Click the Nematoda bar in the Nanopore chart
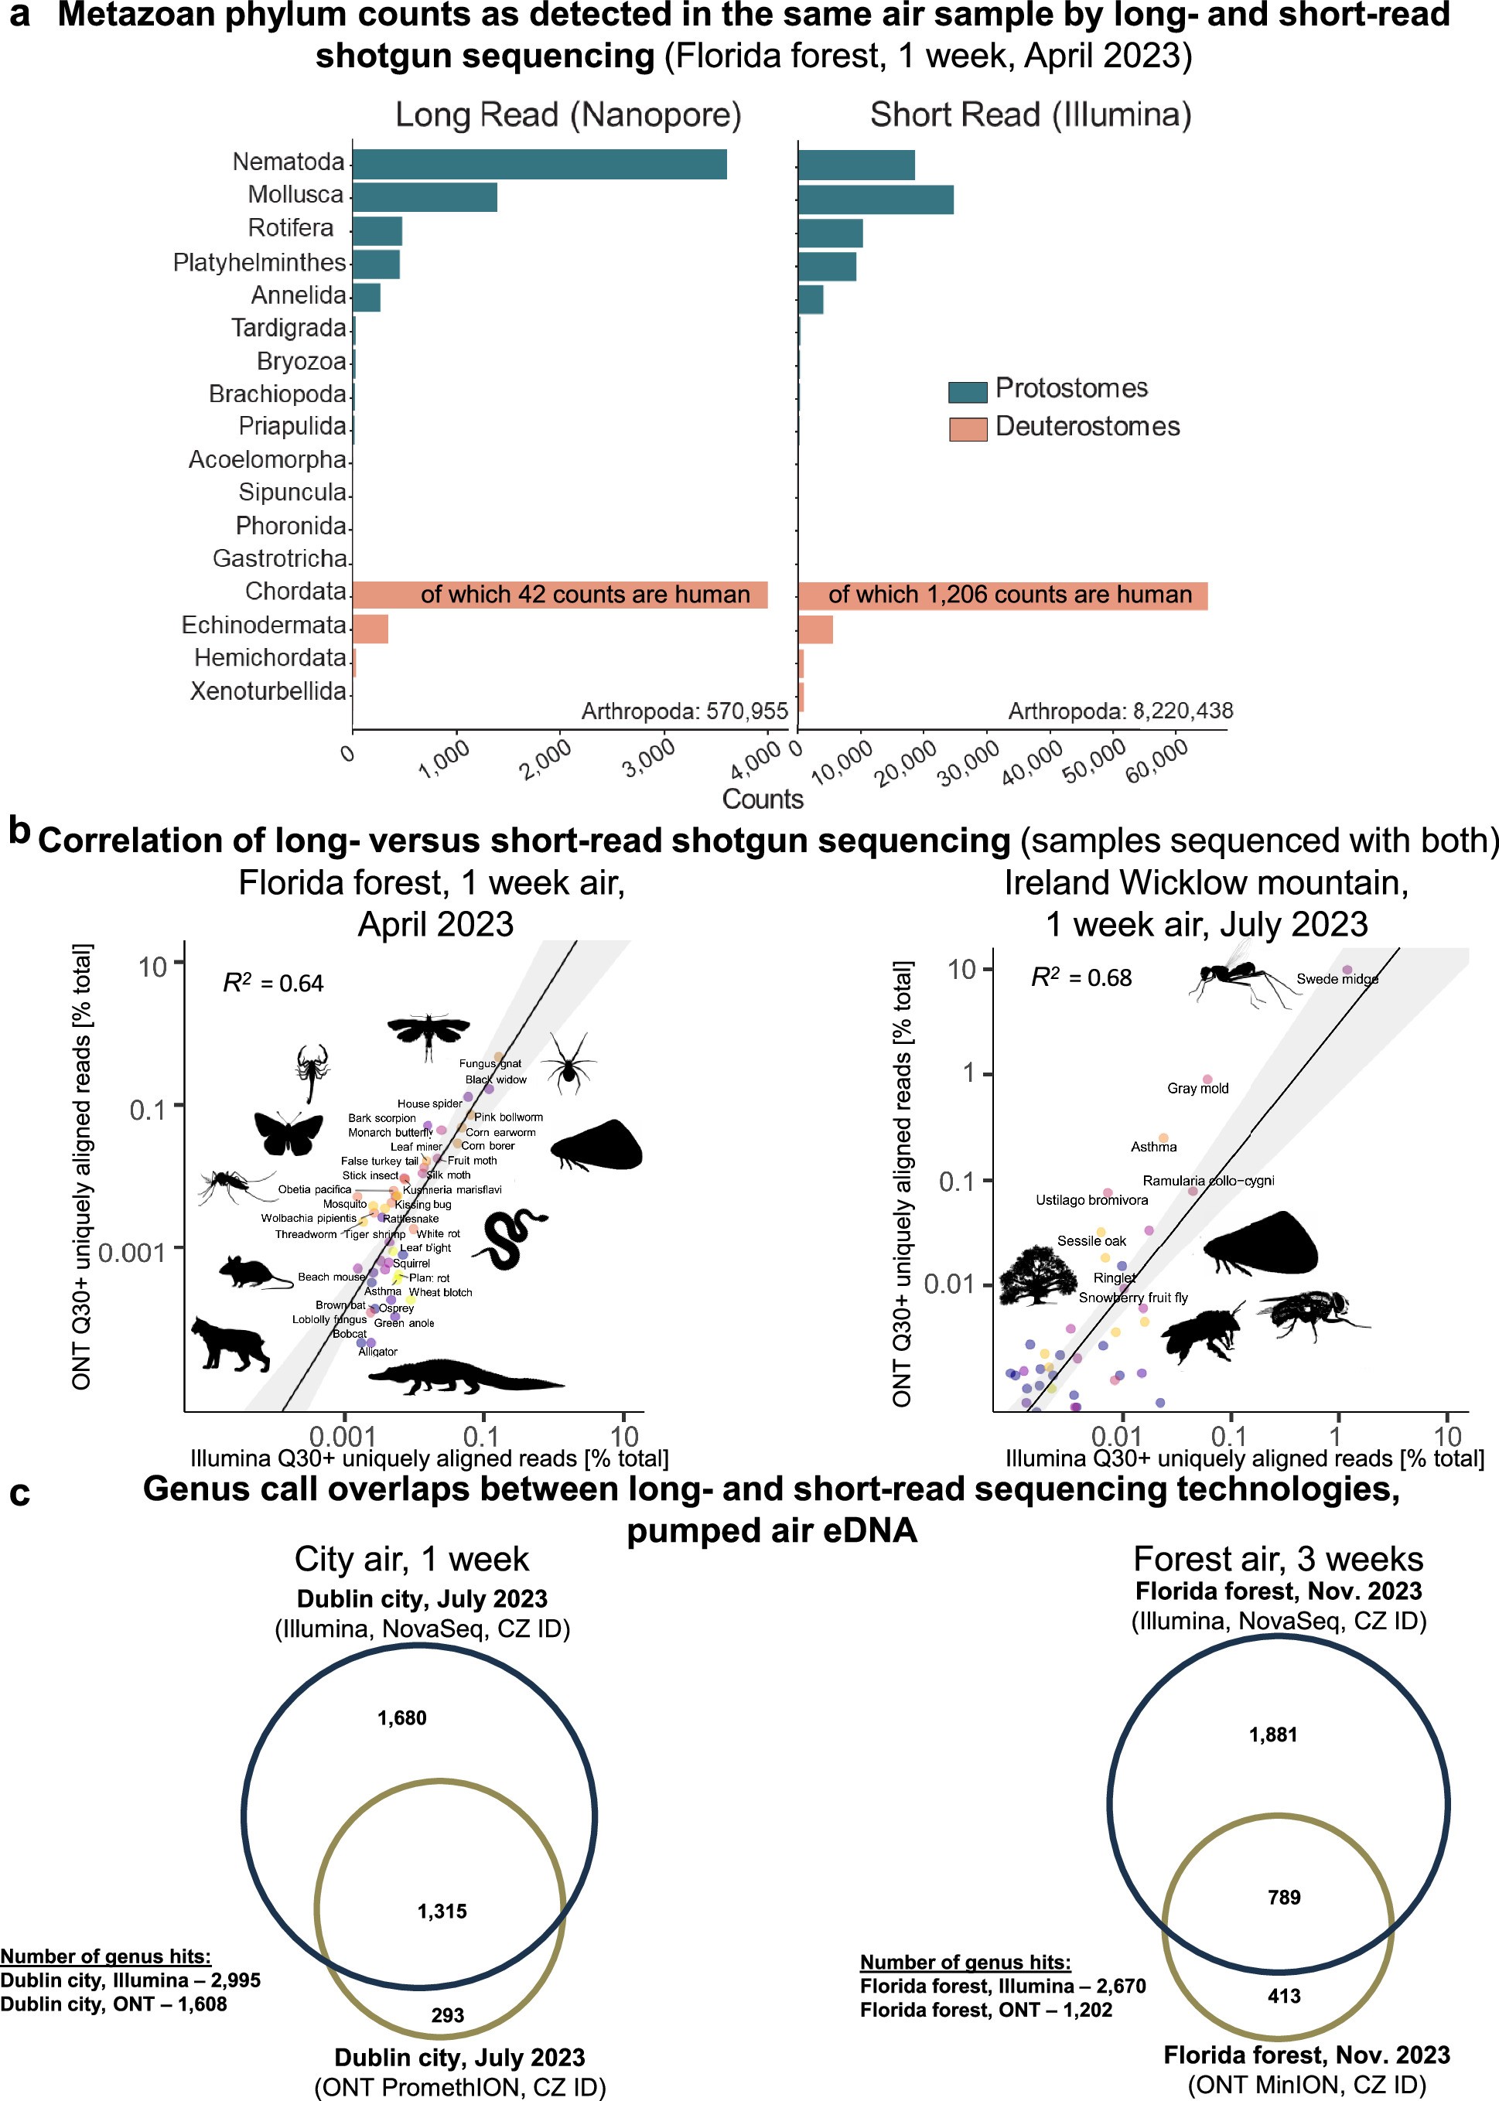coord(539,164)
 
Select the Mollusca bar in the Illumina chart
coord(875,200)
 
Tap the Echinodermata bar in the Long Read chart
coord(370,629)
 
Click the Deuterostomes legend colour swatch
coord(968,429)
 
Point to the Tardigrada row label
coord(288,328)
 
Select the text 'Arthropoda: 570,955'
coord(684,711)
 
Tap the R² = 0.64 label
coord(273,983)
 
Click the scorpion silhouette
coord(312,1070)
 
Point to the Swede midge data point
coord(1347,970)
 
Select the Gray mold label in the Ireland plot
coord(1197,1089)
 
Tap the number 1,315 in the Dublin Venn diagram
coord(442,1911)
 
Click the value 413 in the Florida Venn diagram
coord(1284,1996)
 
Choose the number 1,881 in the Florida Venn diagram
coord(1273,1734)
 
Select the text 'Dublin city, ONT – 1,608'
coord(114,2004)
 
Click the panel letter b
coord(19,831)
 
